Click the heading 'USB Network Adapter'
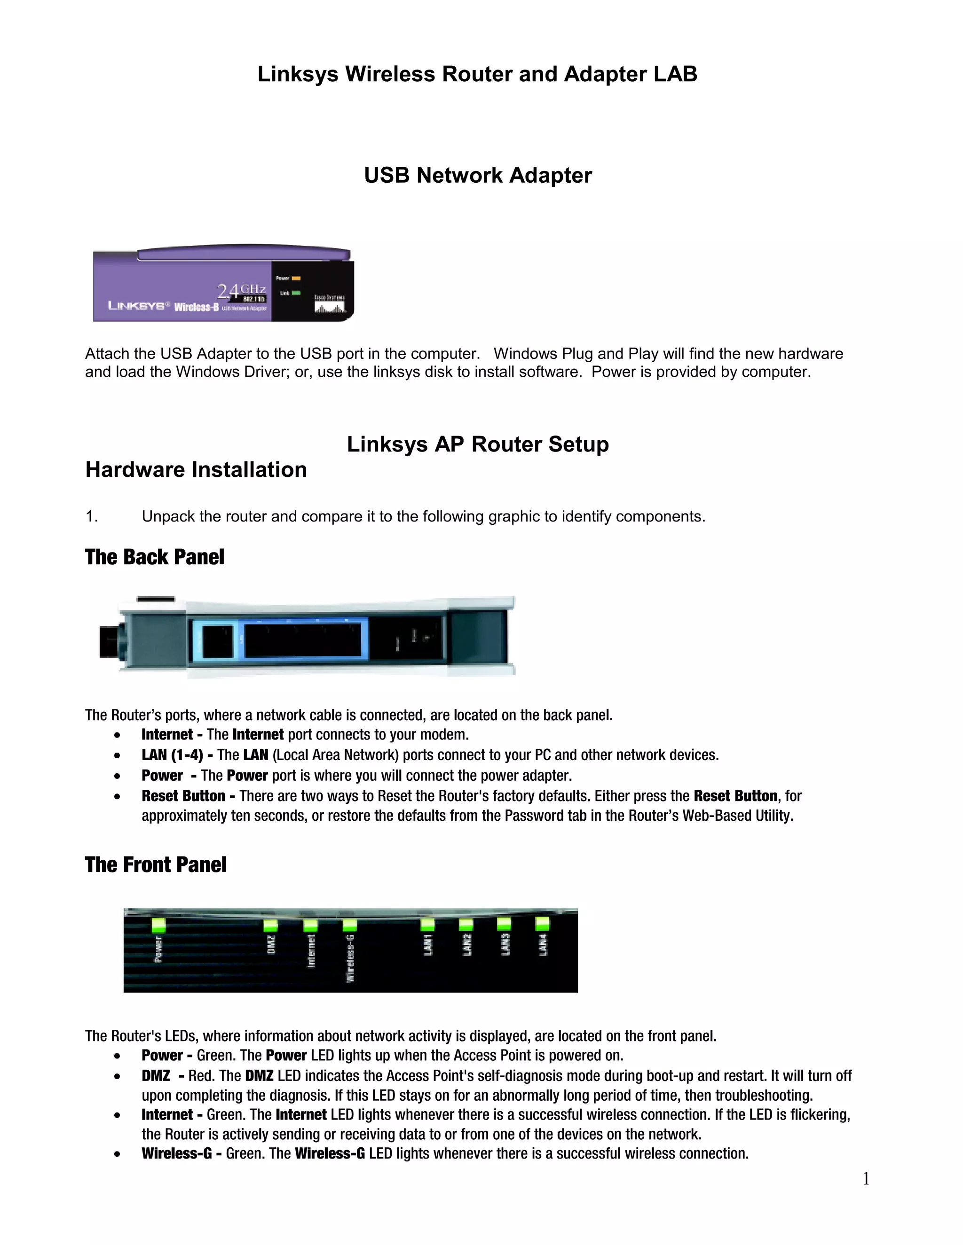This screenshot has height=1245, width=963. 478,176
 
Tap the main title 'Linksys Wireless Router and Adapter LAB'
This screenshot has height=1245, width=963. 477,74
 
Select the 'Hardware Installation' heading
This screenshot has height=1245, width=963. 196,470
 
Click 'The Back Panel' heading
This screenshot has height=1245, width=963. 155,557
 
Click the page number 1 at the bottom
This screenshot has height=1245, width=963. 866,1179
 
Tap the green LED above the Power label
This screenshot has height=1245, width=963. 158,925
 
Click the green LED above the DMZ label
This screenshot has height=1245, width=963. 270,925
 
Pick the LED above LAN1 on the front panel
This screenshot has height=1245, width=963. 427,924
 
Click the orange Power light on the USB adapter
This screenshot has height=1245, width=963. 296,278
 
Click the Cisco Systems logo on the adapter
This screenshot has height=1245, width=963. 330,304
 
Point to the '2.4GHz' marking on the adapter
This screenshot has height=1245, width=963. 241,291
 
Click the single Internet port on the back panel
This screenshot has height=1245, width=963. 217,642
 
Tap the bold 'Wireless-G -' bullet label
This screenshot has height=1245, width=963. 182,1153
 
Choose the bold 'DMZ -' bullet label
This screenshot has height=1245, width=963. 162,1076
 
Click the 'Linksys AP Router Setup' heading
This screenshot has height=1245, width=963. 478,444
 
